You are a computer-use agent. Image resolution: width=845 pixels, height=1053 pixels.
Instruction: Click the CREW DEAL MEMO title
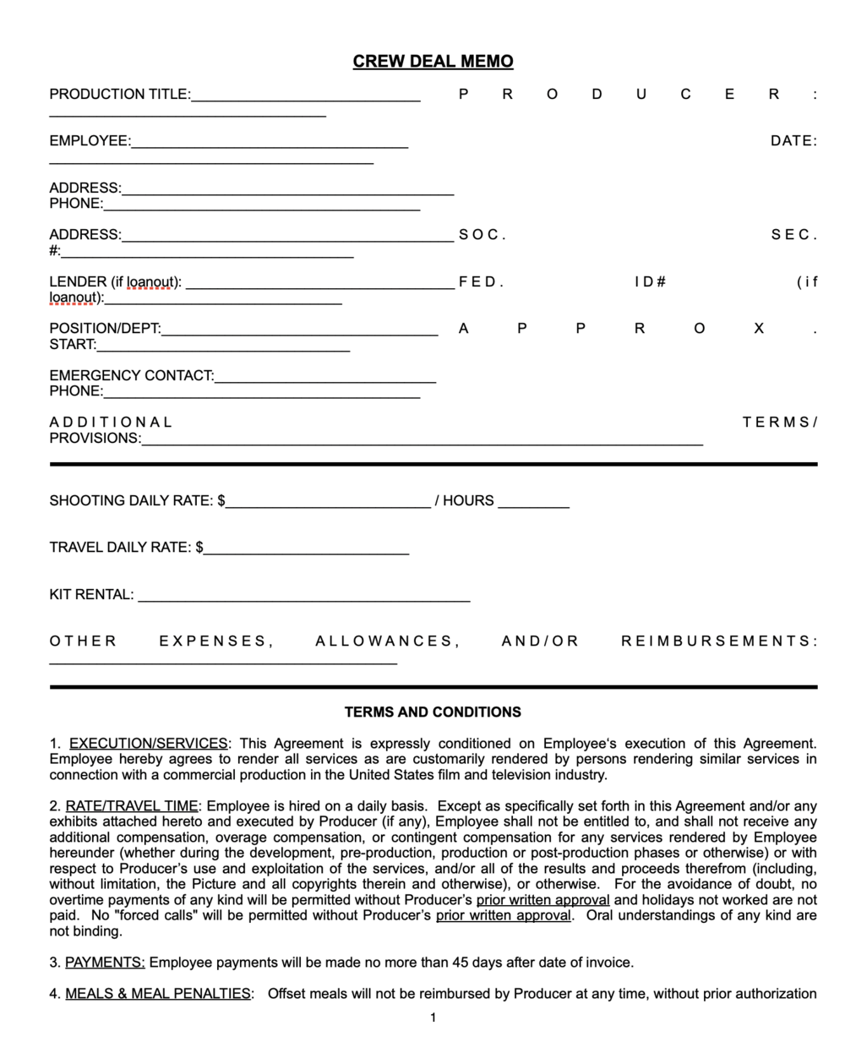(x=433, y=62)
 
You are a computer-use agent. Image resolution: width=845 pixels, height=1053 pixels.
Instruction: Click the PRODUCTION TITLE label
(x=119, y=95)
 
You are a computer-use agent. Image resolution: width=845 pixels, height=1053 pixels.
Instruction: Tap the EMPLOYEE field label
(x=90, y=141)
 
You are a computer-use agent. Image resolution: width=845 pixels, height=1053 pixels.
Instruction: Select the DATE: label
(x=793, y=141)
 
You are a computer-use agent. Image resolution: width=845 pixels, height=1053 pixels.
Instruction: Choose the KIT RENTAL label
(x=91, y=595)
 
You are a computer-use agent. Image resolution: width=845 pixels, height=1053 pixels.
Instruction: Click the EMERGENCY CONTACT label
(x=131, y=375)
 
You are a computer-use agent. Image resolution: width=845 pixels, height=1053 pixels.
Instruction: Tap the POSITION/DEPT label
(x=105, y=329)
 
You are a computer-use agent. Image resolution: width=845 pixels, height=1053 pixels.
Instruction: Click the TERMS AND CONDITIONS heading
(x=433, y=712)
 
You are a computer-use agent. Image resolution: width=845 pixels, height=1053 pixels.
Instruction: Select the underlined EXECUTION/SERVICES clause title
(x=148, y=744)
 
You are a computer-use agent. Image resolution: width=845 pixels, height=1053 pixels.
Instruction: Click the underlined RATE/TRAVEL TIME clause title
(x=131, y=806)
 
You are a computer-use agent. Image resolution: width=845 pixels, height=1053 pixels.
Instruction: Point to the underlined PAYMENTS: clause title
(x=105, y=963)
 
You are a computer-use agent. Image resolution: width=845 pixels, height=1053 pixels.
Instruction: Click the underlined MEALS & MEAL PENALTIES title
(x=158, y=994)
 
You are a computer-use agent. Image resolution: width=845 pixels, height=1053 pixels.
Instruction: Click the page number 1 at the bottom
(x=433, y=1018)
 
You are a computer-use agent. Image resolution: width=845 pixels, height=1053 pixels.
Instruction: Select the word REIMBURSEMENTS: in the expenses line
(x=719, y=641)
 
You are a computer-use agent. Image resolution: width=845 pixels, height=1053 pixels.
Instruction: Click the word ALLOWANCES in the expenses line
(x=387, y=641)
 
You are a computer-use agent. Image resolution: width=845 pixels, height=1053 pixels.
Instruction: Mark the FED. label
(x=481, y=282)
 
